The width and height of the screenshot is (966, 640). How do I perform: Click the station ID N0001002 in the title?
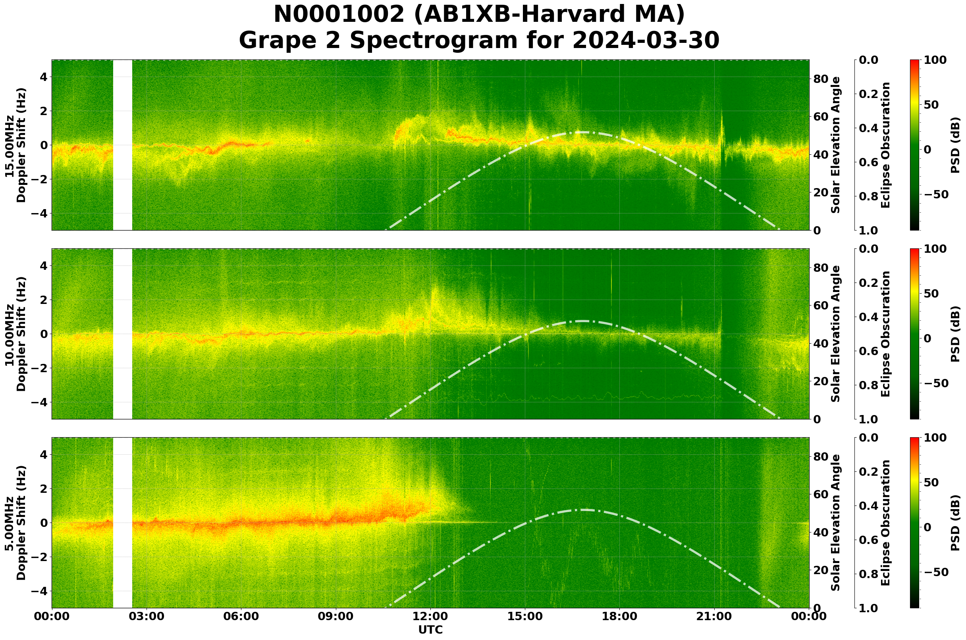[x=339, y=15]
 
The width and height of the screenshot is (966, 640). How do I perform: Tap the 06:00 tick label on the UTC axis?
[x=241, y=616]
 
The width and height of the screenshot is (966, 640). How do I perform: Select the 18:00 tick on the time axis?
[x=620, y=616]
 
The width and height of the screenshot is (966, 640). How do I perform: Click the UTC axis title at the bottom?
[x=430, y=630]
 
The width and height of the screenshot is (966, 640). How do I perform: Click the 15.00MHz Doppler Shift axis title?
[x=15, y=145]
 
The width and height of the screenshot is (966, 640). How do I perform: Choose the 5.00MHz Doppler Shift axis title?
[x=15, y=523]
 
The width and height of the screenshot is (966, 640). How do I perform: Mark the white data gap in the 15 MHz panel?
[x=123, y=145]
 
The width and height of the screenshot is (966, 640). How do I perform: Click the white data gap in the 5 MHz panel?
[x=123, y=523]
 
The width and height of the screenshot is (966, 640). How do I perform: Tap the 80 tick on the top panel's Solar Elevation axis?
[x=821, y=79]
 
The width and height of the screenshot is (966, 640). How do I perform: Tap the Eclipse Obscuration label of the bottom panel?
[x=885, y=523]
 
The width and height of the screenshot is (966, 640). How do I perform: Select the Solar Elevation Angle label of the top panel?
[x=836, y=145]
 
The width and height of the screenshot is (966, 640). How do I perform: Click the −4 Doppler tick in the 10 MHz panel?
[x=40, y=402]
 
